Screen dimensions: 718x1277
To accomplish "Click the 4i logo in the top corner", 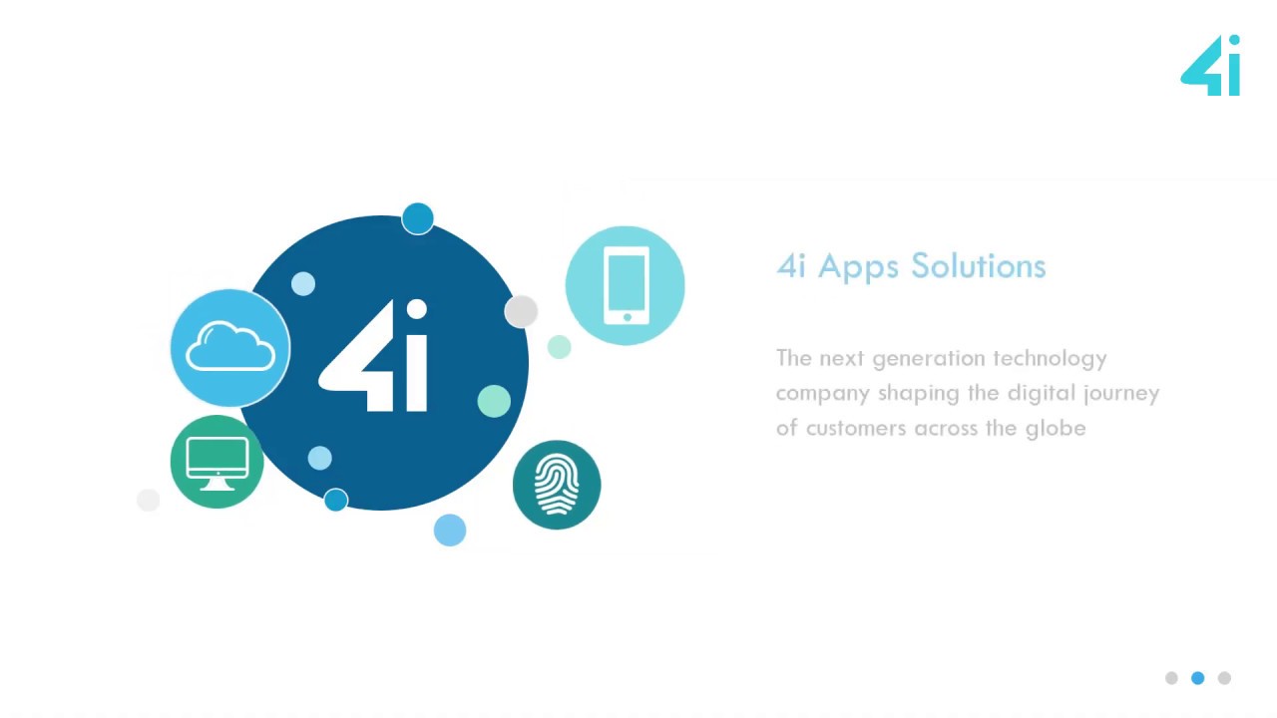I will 1211,67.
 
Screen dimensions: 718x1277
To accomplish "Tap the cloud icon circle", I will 230,348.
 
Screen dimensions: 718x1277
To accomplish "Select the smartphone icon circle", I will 626,285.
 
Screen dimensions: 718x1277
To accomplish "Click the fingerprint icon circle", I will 557,485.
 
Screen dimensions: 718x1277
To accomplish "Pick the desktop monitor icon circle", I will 217,463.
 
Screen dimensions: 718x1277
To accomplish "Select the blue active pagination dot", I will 1198,678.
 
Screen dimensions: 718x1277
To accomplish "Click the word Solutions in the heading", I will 979,266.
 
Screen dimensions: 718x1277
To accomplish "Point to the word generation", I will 928,358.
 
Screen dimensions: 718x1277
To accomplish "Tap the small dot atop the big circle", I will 418,218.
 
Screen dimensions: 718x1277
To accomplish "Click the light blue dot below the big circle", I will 450,531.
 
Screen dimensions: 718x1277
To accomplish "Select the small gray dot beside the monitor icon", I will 148,500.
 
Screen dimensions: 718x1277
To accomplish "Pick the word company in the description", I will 822,393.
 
